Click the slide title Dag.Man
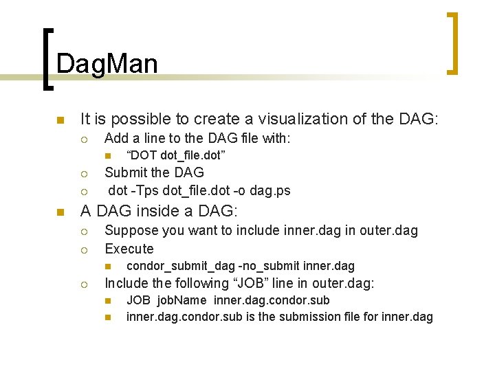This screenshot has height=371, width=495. pos(107,64)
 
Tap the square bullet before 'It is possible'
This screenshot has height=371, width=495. pos(60,120)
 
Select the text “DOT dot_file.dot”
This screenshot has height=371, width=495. pos(176,155)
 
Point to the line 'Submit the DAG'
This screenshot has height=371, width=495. pos(154,172)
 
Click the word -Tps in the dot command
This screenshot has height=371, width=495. pos(144,190)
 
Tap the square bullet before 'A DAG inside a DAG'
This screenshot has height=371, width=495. pos(60,212)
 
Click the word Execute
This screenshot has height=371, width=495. pos(129,249)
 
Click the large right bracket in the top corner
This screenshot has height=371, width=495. pos(452,43)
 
